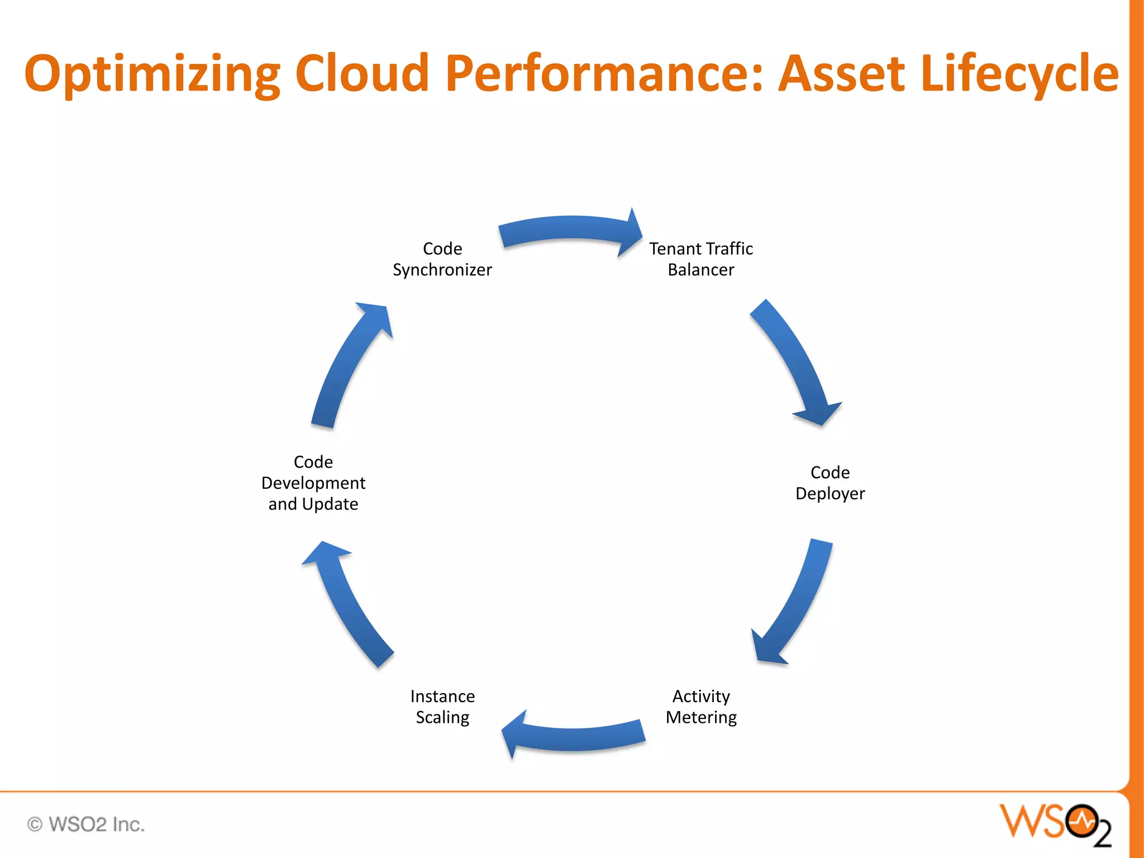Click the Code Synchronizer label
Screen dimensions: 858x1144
pyautogui.click(x=442, y=259)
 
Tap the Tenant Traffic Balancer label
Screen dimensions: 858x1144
pyautogui.click(x=700, y=259)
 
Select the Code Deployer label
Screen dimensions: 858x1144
pyautogui.click(x=830, y=483)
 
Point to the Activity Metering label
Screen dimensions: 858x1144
pyautogui.click(x=701, y=707)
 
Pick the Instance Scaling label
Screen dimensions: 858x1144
pyautogui.click(x=442, y=707)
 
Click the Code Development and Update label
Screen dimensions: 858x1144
pyautogui.click(x=313, y=483)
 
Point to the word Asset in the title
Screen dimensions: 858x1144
pyautogui.click(x=842, y=74)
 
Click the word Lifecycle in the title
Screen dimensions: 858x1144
pyautogui.click(x=1019, y=74)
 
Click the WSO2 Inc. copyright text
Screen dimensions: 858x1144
pyautogui.click(x=87, y=824)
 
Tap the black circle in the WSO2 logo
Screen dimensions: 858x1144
pyautogui.click(x=1081, y=821)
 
